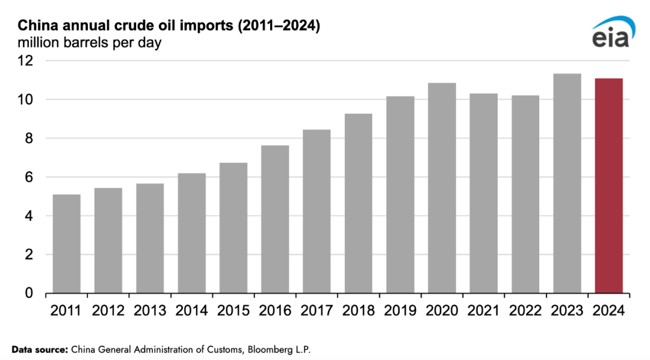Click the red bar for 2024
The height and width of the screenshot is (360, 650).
click(608, 186)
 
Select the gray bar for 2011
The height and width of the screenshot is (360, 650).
click(66, 244)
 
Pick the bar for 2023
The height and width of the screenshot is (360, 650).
click(567, 184)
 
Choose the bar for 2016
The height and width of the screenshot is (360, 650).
click(275, 219)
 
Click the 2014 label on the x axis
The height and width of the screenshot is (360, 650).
click(191, 311)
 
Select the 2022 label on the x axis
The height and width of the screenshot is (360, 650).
click(525, 311)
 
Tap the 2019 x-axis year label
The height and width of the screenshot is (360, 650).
click(400, 311)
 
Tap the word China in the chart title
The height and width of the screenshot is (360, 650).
click(34, 26)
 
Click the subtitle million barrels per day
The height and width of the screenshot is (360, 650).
click(89, 43)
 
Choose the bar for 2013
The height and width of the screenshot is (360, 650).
click(150, 238)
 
